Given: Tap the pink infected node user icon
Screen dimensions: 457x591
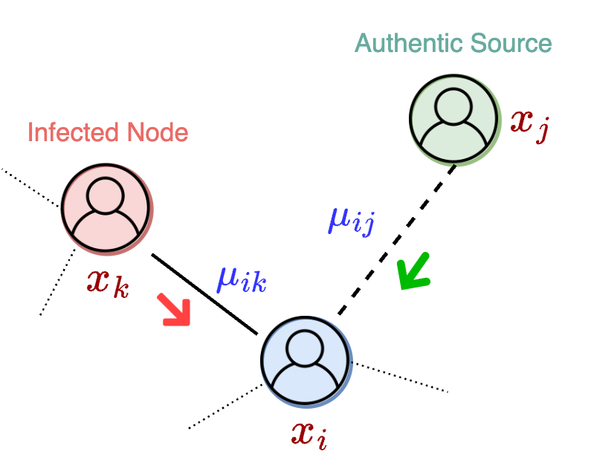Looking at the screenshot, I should pos(107,208).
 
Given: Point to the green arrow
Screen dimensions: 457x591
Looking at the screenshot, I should pos(413,272).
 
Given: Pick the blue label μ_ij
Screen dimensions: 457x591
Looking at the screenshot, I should pos(350,220).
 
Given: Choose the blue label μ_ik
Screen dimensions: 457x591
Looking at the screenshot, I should pos(241,279).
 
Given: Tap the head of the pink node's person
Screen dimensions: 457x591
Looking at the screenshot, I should pos(106,195).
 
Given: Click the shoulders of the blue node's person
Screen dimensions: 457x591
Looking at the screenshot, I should pos(306,383).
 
